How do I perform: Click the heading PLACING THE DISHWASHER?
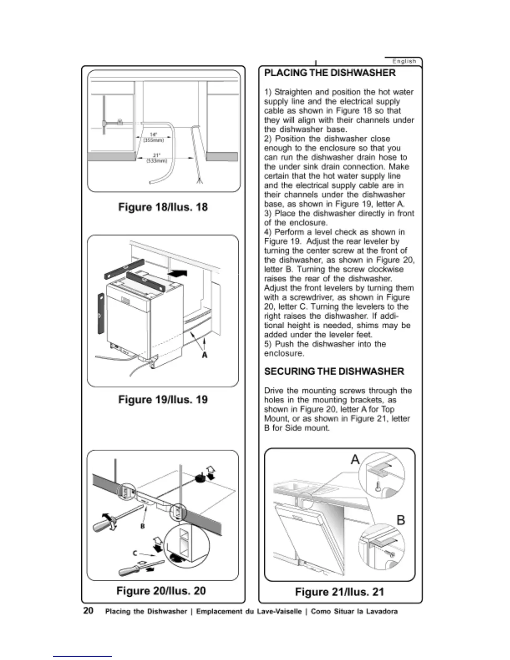click(330, 73)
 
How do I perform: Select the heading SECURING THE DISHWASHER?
click(334, 371)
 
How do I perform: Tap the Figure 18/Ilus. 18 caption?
click(163, 207)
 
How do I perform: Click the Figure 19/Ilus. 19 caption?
click(163, 400)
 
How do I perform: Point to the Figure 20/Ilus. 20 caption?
click(161, 591)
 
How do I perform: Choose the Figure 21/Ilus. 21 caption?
click(340, 592)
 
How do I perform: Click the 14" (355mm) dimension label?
click(153, 137)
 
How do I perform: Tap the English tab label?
click(404, 61)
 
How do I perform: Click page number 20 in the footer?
click(88, 611)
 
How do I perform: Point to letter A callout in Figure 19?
click(204, 355)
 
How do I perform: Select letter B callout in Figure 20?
click(142, 526)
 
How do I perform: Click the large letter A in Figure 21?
click(355, 460)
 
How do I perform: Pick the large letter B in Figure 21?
click(401, 520)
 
